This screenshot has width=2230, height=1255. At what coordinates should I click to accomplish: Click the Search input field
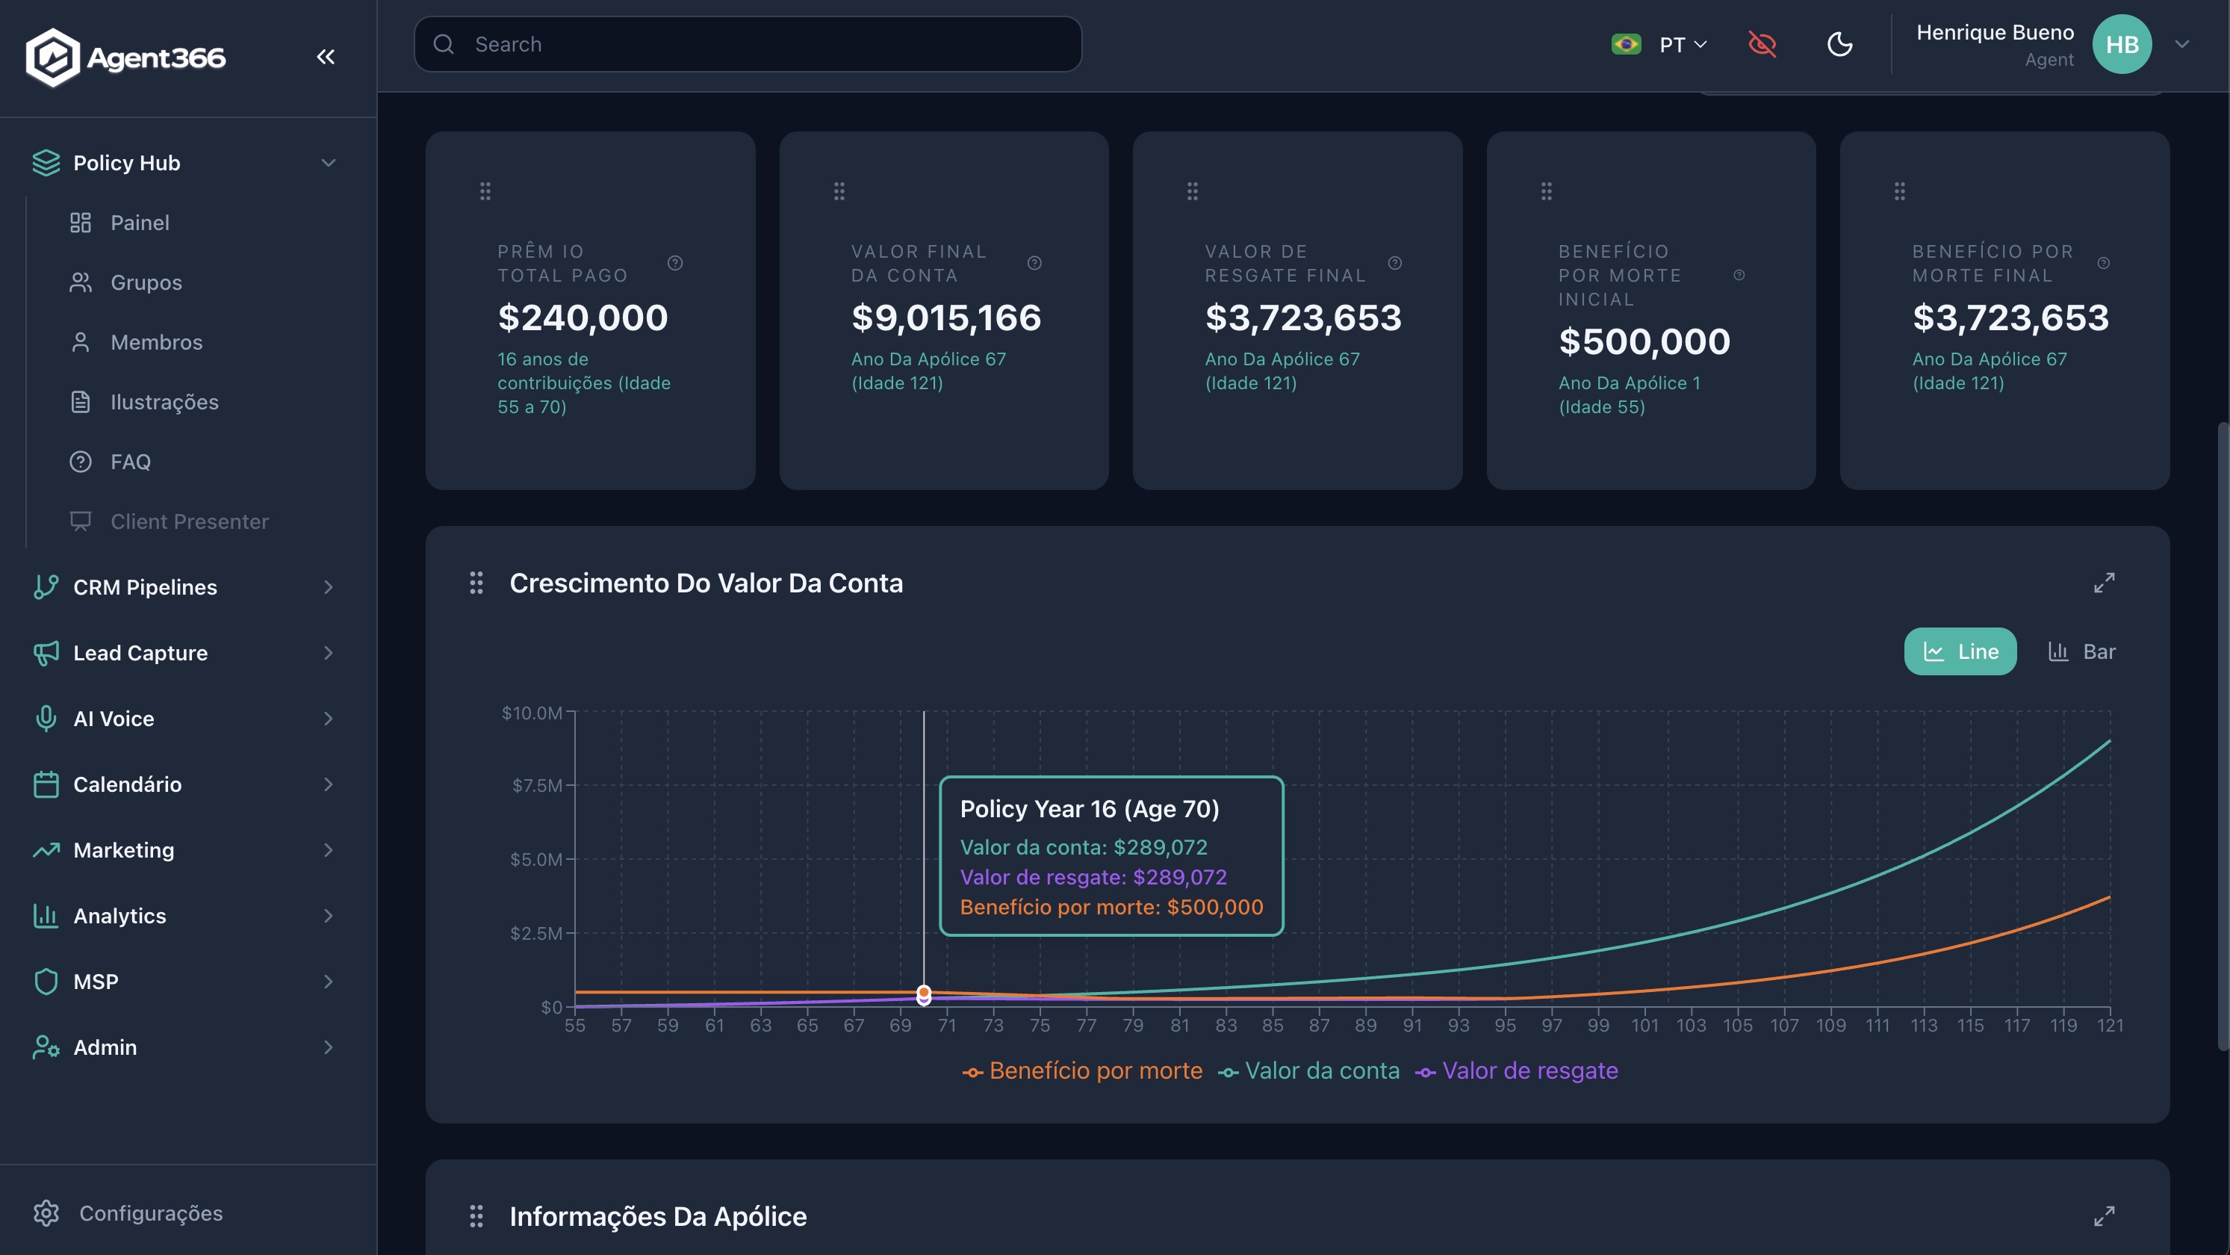[x=762, y=44]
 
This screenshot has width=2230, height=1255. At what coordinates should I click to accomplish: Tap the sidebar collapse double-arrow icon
[x=326, y=58]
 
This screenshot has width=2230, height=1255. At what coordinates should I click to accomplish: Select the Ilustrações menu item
[x=164, y=402]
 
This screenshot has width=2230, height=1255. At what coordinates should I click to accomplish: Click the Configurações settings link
[x=150, y=1212]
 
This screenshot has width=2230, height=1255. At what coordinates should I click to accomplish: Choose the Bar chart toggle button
[x=2082, y=651]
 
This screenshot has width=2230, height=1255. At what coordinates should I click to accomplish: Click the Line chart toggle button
[x=1960, y=651]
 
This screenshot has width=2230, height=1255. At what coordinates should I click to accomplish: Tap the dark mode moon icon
[x=1839, y=44]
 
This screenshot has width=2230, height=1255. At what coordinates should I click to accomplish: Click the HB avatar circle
[x=2121, y=44]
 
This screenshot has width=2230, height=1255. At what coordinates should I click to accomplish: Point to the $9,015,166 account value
[x=946, y=318]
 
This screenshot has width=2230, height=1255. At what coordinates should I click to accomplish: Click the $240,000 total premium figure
[x=583, y=318]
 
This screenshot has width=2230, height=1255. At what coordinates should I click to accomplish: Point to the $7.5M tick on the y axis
[x=537, y=786]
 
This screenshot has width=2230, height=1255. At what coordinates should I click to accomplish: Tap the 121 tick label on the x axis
[x=2110, y=1026]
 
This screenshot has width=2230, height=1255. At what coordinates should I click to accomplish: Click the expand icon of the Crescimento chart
[x=2104, y=583]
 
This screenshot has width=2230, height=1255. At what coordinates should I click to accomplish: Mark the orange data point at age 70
[x=924, y=992]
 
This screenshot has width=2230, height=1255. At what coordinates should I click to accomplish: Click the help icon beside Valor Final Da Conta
[x=1034, y=263]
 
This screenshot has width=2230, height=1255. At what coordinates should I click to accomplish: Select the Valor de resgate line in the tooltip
[x=1093, y=877]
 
